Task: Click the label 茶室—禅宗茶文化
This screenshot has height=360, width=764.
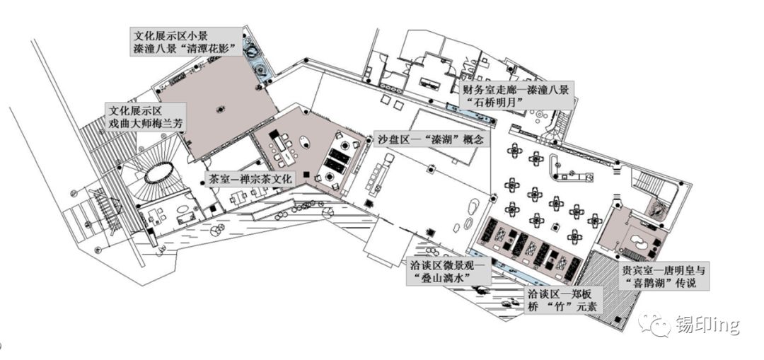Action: tap(250, 179)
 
